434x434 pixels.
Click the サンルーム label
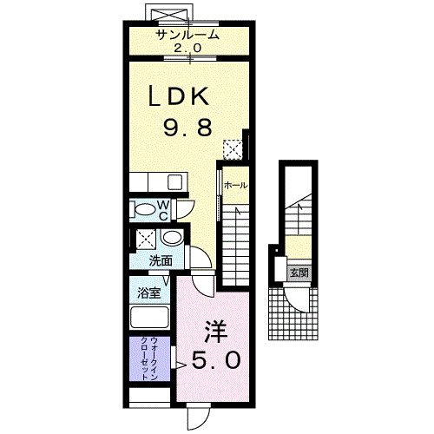187,35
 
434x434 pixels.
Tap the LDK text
179,96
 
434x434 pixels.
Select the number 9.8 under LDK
187,128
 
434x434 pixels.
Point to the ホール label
236,185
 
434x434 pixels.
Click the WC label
163,211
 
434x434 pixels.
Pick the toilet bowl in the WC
145,209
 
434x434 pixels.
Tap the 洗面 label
161,261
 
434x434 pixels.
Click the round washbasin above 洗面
172,238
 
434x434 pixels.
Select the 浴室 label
148,293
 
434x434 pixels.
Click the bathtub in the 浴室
149,318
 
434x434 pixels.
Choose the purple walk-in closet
149,358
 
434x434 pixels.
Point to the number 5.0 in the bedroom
216,360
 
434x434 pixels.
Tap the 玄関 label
299,273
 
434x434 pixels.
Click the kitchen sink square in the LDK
174,182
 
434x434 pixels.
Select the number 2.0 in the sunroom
187,48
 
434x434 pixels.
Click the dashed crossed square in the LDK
233,149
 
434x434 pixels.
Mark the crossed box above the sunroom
168,14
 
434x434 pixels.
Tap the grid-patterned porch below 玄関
293,314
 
